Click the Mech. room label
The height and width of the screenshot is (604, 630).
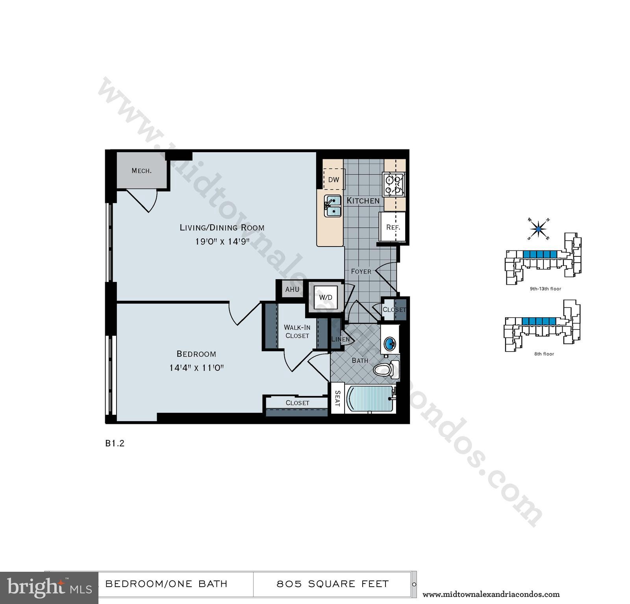point(141,171)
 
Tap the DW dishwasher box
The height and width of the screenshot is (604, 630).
point(334,180)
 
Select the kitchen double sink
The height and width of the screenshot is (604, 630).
point(333,206)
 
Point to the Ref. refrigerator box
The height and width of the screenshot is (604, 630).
point(393,227)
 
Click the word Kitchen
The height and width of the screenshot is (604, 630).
point(363,201)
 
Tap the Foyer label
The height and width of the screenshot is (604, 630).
point(361,271)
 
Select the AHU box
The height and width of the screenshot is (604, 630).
point(292,289)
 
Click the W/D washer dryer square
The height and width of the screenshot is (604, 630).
point(326,298)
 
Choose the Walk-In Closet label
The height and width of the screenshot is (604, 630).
point(297,331)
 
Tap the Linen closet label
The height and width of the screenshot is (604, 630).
point(340,339)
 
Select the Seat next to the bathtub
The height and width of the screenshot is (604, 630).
point(337,398)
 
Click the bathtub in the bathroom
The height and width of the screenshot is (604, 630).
point(370,399)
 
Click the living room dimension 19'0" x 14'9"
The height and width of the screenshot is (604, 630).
point(222,241)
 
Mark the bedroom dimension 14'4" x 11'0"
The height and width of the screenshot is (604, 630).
point(196,368)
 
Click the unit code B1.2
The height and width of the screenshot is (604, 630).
point(115,443)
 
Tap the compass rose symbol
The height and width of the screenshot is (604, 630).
point(538,228)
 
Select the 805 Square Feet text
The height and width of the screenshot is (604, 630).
point(332,584)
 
